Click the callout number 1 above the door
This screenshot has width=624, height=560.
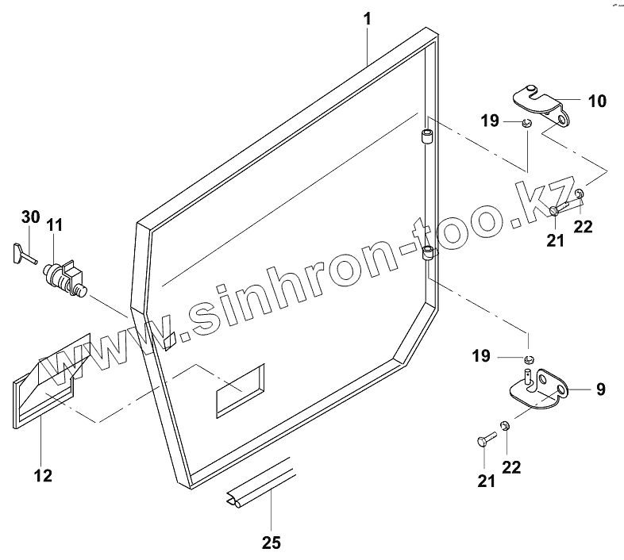368,17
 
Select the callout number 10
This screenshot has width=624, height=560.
596,101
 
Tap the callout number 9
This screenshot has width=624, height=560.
600,389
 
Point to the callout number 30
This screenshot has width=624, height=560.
29,217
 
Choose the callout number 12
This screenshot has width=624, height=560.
43,476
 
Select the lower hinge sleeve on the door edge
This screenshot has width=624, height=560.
428,254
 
